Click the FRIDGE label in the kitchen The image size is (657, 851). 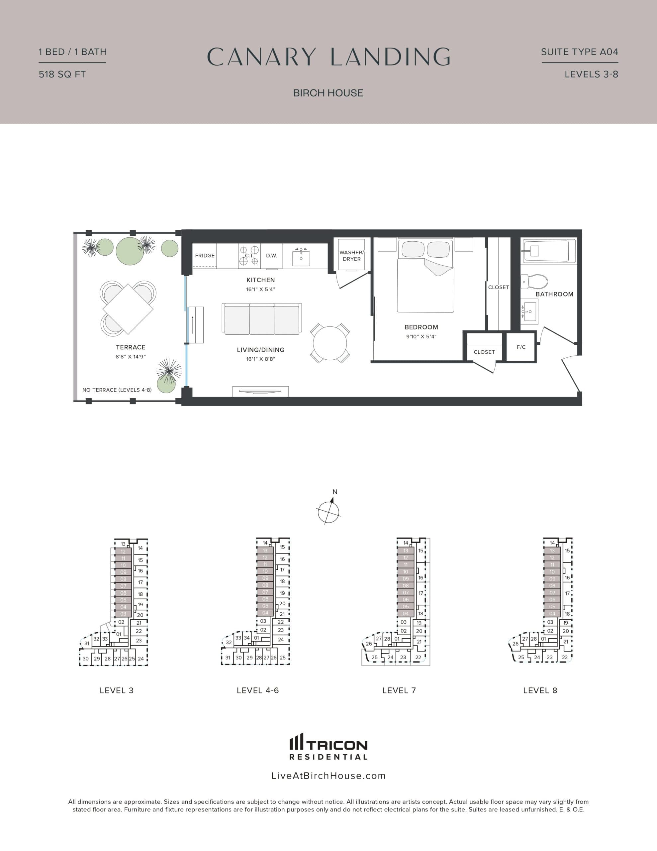tap(205, 256)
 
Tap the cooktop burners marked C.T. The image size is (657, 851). tap(249, 256)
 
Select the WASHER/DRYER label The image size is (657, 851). tap(351, 256)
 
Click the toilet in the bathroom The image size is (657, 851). tap(537, 281)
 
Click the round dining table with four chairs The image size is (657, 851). tap(330, 343)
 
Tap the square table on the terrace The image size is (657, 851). tap(128, 309)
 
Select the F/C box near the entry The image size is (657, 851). tap(521, 347)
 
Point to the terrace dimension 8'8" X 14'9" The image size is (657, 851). tap(131, 357)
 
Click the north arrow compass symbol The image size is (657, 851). tap(329, 511)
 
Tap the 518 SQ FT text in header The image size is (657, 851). tap(62, 74)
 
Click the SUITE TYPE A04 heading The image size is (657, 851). tap(579, 52)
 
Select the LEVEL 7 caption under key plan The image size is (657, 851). tap(399, 690)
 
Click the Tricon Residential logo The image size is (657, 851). tap(328, 747)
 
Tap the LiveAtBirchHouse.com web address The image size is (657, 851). tap(328, 776)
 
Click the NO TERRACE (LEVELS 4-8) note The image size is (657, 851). tap(117, 390)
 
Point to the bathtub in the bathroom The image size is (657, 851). tap(549, 251)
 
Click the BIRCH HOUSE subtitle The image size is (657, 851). tap(328, 93)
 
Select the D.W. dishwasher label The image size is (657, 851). tap(271, 256)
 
